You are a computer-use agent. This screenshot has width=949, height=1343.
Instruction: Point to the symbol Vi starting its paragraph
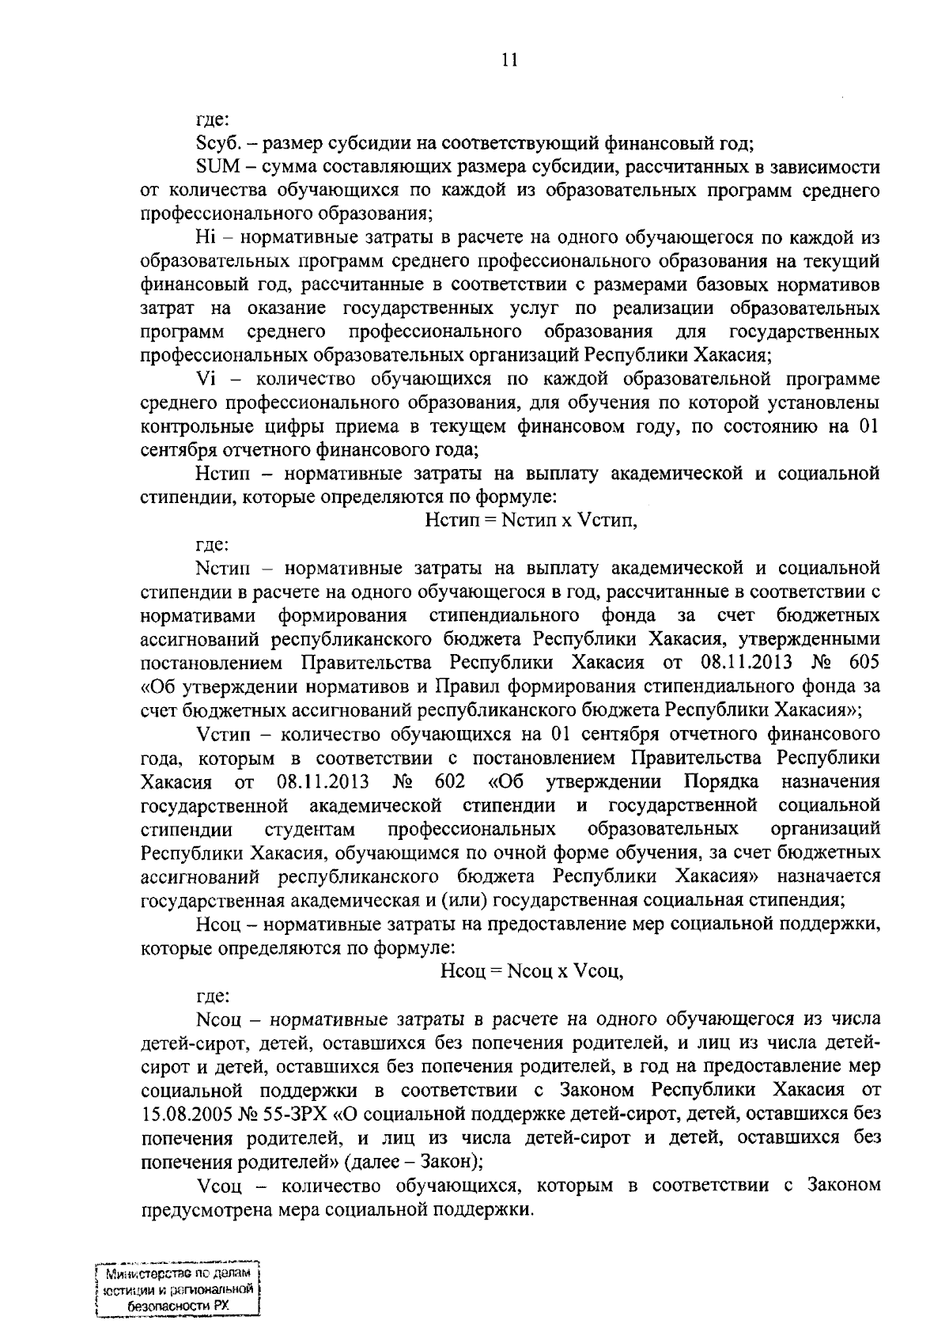[205, 380]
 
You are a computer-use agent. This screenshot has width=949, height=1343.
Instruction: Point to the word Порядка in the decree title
[720, 782]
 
